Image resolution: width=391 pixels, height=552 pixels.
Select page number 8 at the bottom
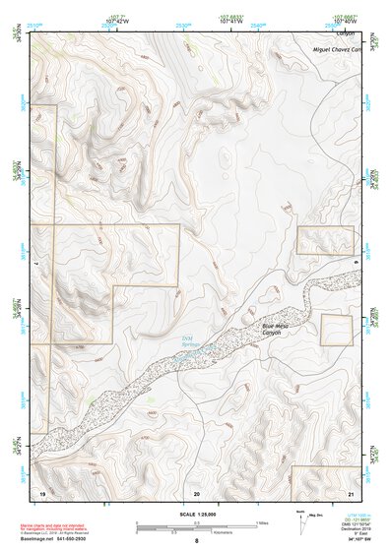click(x=196, y=542)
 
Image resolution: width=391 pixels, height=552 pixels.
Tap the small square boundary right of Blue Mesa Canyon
click(x=336, y=330)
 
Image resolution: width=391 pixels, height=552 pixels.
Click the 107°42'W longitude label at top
click(x=118, y=19)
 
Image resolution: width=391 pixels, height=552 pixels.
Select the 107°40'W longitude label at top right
click(x=342, y=19)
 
